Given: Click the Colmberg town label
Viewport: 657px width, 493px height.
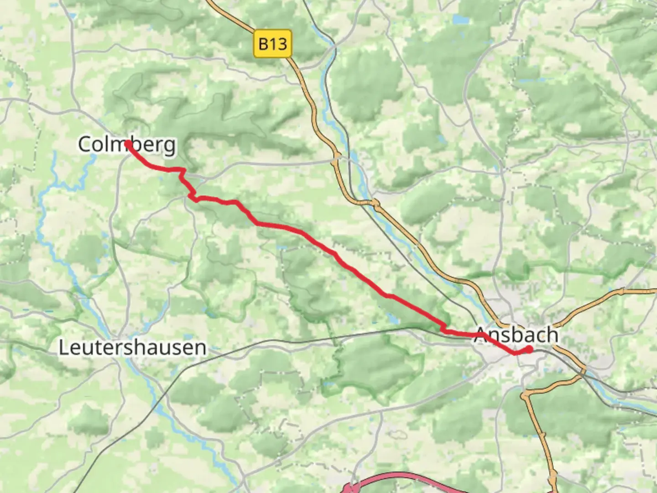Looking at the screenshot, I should pyautogui.click(x=126, y=145).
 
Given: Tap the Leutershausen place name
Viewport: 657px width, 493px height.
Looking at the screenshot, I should pyautogui.click(x=132, y=347).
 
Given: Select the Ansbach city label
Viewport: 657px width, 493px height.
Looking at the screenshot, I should pyautogui.click(x=516, y=335).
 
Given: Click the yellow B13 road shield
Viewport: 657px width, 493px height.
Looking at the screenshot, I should pyautogui.click(x=272, y=44).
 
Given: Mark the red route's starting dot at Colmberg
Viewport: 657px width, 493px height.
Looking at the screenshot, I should pyautogui.click(x=128, y=144).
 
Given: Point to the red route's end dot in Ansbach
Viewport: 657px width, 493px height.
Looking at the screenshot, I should pyautogui.click(x=529, y=350).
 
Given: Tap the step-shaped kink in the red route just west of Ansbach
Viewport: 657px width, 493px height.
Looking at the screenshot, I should pyautogui.click(x=443, y=328).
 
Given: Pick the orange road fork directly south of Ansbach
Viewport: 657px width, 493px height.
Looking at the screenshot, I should pyautogui.click(x=526, y=393).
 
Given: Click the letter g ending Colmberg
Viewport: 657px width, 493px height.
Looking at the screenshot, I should pyautogui.click(x=170, y=146).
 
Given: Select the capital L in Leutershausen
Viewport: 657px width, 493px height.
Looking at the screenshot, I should pyautogui.click(x=63, y=347).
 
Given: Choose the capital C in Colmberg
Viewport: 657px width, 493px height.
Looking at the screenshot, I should pyautogui.click(x=85, y=145).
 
